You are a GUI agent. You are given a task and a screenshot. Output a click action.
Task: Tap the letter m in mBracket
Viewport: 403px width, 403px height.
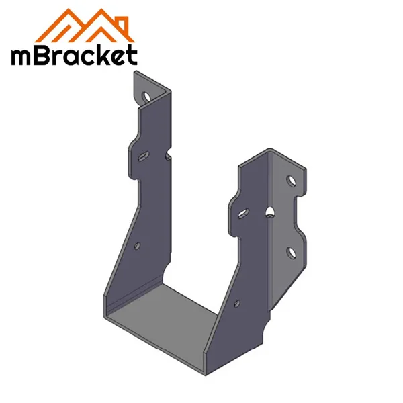point(24,56)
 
